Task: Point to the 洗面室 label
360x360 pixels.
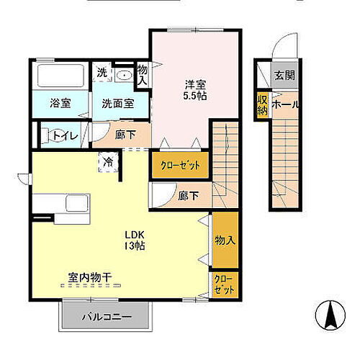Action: tap(117, 103)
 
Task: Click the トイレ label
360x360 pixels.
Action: tap(66, 133)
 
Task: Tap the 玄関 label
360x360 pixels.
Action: tap(283, 74)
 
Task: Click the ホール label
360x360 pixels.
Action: tap(286, 104)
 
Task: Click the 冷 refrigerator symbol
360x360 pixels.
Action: tap(107, 161)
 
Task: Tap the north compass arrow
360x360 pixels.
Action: tap(332, 315)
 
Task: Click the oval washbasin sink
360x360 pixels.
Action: tap(123, 74)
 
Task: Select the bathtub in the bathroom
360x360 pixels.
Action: tap(60, 76)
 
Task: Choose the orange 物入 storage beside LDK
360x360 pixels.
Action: tap(224, 240)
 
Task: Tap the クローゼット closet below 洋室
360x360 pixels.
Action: tap(180, 165)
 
